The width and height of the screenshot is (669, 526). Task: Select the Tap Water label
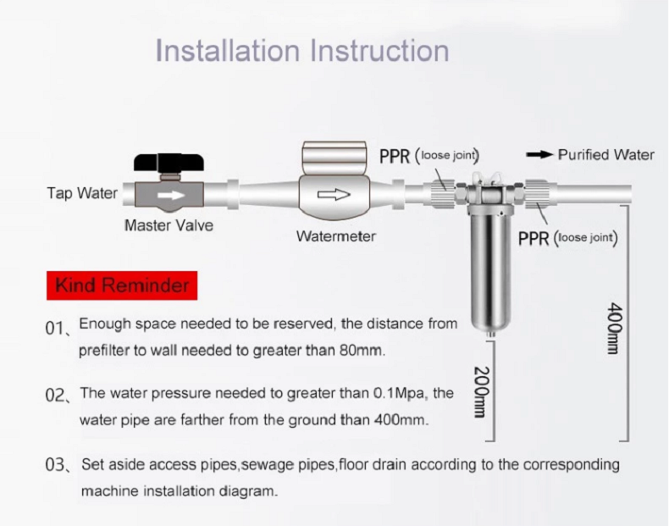(x=82, y=193)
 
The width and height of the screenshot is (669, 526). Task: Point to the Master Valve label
(x=169, y=226)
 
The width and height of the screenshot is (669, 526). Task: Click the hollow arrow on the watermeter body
(x=333, y=195)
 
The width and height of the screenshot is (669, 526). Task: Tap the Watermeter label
(x=335, y=236)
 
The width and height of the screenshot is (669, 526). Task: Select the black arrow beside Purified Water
(x=539, y=155)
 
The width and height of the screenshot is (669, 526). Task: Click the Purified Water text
(x=605, y=155)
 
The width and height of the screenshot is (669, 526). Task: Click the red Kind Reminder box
(x=122, y=285)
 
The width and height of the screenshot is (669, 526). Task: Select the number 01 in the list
(x=58, y=328)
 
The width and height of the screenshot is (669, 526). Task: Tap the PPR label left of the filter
(x=395, y=156)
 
